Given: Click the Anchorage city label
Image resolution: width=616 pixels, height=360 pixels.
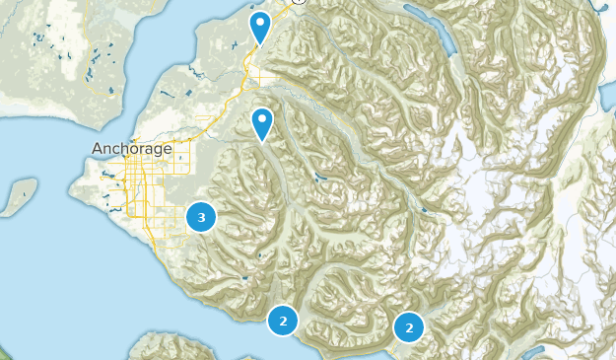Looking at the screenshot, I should pyautogui.click(x=131, y=149).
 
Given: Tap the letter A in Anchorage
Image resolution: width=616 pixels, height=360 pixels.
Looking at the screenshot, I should pyautogui.click(x=98, y=149).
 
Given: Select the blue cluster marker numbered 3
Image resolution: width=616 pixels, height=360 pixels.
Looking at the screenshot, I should pyautogui.click(x=201, y=216).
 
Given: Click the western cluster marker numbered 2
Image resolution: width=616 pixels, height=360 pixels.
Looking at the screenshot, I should pyautogui.click(x=283, y=321).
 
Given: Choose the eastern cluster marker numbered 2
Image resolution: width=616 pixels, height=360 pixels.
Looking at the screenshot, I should pyautogui.click(x=408, y=326).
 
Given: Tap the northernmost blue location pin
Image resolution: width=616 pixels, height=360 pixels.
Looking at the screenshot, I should pyautogui.click(x=260, y=27).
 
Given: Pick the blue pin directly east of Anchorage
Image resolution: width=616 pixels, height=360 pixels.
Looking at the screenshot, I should pyautogui.click(x=262, y=123).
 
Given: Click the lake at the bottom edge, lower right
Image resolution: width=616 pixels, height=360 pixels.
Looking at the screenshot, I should pyautogui.click(x=537, y=353).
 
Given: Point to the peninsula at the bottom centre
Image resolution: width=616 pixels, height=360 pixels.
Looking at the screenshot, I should pyautogui.click(x=177, y=345).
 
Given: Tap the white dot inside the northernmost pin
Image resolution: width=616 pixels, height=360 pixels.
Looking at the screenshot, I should pyautogui.click(x=260, y=21).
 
